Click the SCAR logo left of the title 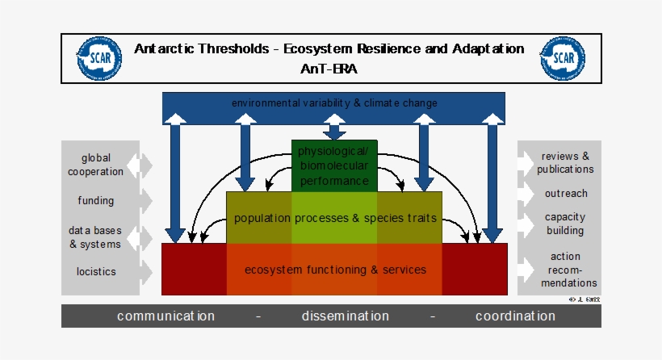click(x=100, y=59)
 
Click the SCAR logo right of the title click(x=562, y=59)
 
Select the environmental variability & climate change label click(x=334, y=103)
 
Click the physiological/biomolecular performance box click(x=333, y=165)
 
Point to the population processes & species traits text click(x=335, y=218)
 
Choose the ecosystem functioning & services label click(x=335, y=270)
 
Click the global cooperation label click(x=96, y=165)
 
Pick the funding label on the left click(x=96, y=200)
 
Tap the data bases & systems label click(x=94, y=237)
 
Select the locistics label click(x=96, y=271)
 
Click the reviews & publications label click(x=565, y=162)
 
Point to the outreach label click(x=565, y=194)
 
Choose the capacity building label click(x=565, y=224)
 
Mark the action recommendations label click(x=565, y=270)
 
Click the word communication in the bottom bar click(x=165, y=316)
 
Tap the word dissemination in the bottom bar click(x=346, y=316)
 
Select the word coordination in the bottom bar click(x=515, y=316)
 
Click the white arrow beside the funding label click(x=146, y=200)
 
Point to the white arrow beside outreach click(x=526, y=194)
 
